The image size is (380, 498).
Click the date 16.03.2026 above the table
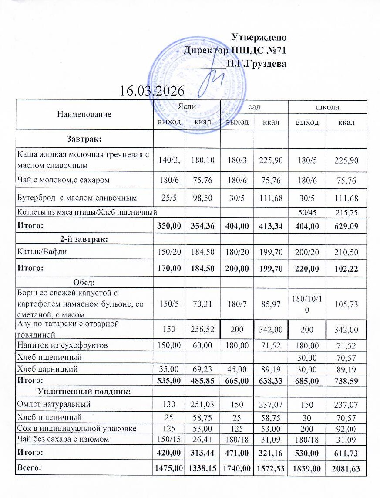[152, 91]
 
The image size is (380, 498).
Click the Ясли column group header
[185, 106]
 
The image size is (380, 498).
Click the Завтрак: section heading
[84, 139]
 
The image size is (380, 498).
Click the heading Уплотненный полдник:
[85, 391]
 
